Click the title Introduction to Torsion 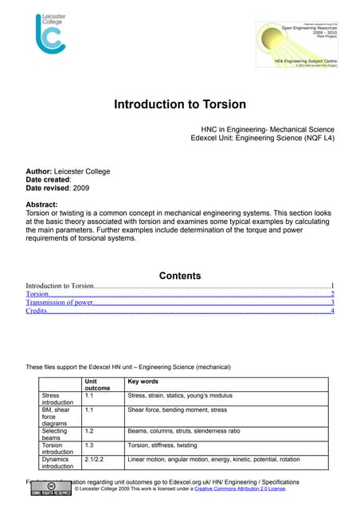pyautogui.click(x=179, y=104)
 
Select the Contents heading pyautogui.click(x=180, y=276)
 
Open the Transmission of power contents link pyautogui.click(x=60, y=303)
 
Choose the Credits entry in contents pyautogui.click(x=36, y=312)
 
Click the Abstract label pyautogui.click(x=47, y=204)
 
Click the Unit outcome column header pyautogui.click(x=97, y=385)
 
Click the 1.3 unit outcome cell pyautogui.click(x=89, y=446)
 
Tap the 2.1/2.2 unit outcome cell pyautogui.click(x=94, y=460)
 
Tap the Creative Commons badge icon pyautogui.click(x=49, y=488)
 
